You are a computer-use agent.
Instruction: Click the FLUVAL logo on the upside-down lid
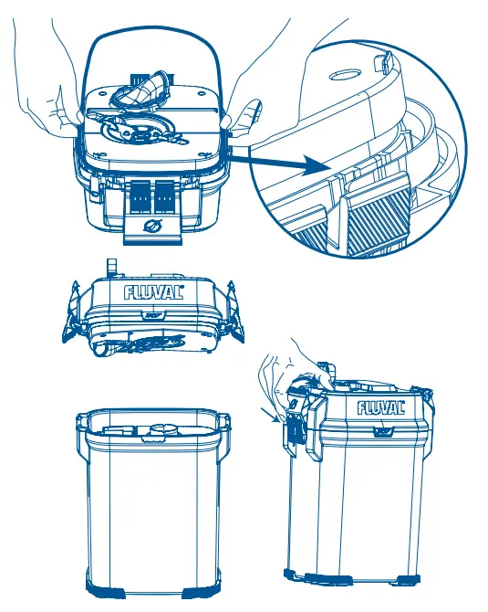click(153, 293)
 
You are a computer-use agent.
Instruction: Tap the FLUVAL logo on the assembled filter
click(386, 406)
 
